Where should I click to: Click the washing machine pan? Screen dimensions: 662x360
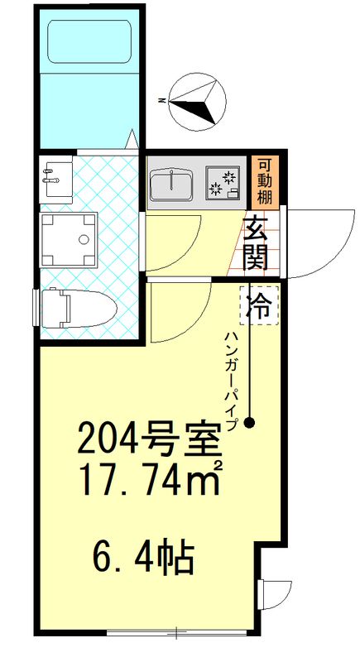point(69,238)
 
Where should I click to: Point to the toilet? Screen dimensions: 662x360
point(76,309)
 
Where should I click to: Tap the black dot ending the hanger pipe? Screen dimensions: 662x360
point(249,424)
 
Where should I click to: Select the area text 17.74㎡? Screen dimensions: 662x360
point(147,479)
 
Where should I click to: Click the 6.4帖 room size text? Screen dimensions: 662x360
point(143,558)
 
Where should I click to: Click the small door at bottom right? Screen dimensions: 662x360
point(274,594)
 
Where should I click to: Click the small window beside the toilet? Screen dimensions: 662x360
point(35,309)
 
